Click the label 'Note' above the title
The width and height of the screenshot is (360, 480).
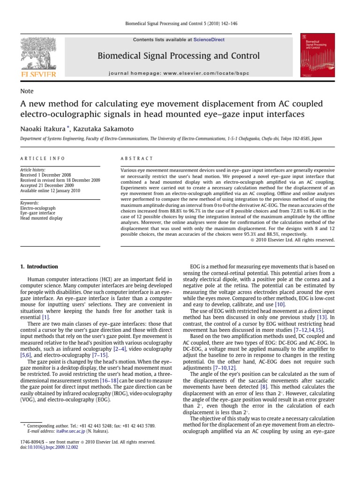point(27,91)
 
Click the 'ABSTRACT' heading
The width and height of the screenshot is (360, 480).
point(135,158)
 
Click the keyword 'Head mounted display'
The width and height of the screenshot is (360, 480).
point(42,218)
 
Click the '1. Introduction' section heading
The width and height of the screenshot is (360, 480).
point(39,267)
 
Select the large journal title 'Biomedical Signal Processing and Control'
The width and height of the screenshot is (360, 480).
point(179,56)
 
